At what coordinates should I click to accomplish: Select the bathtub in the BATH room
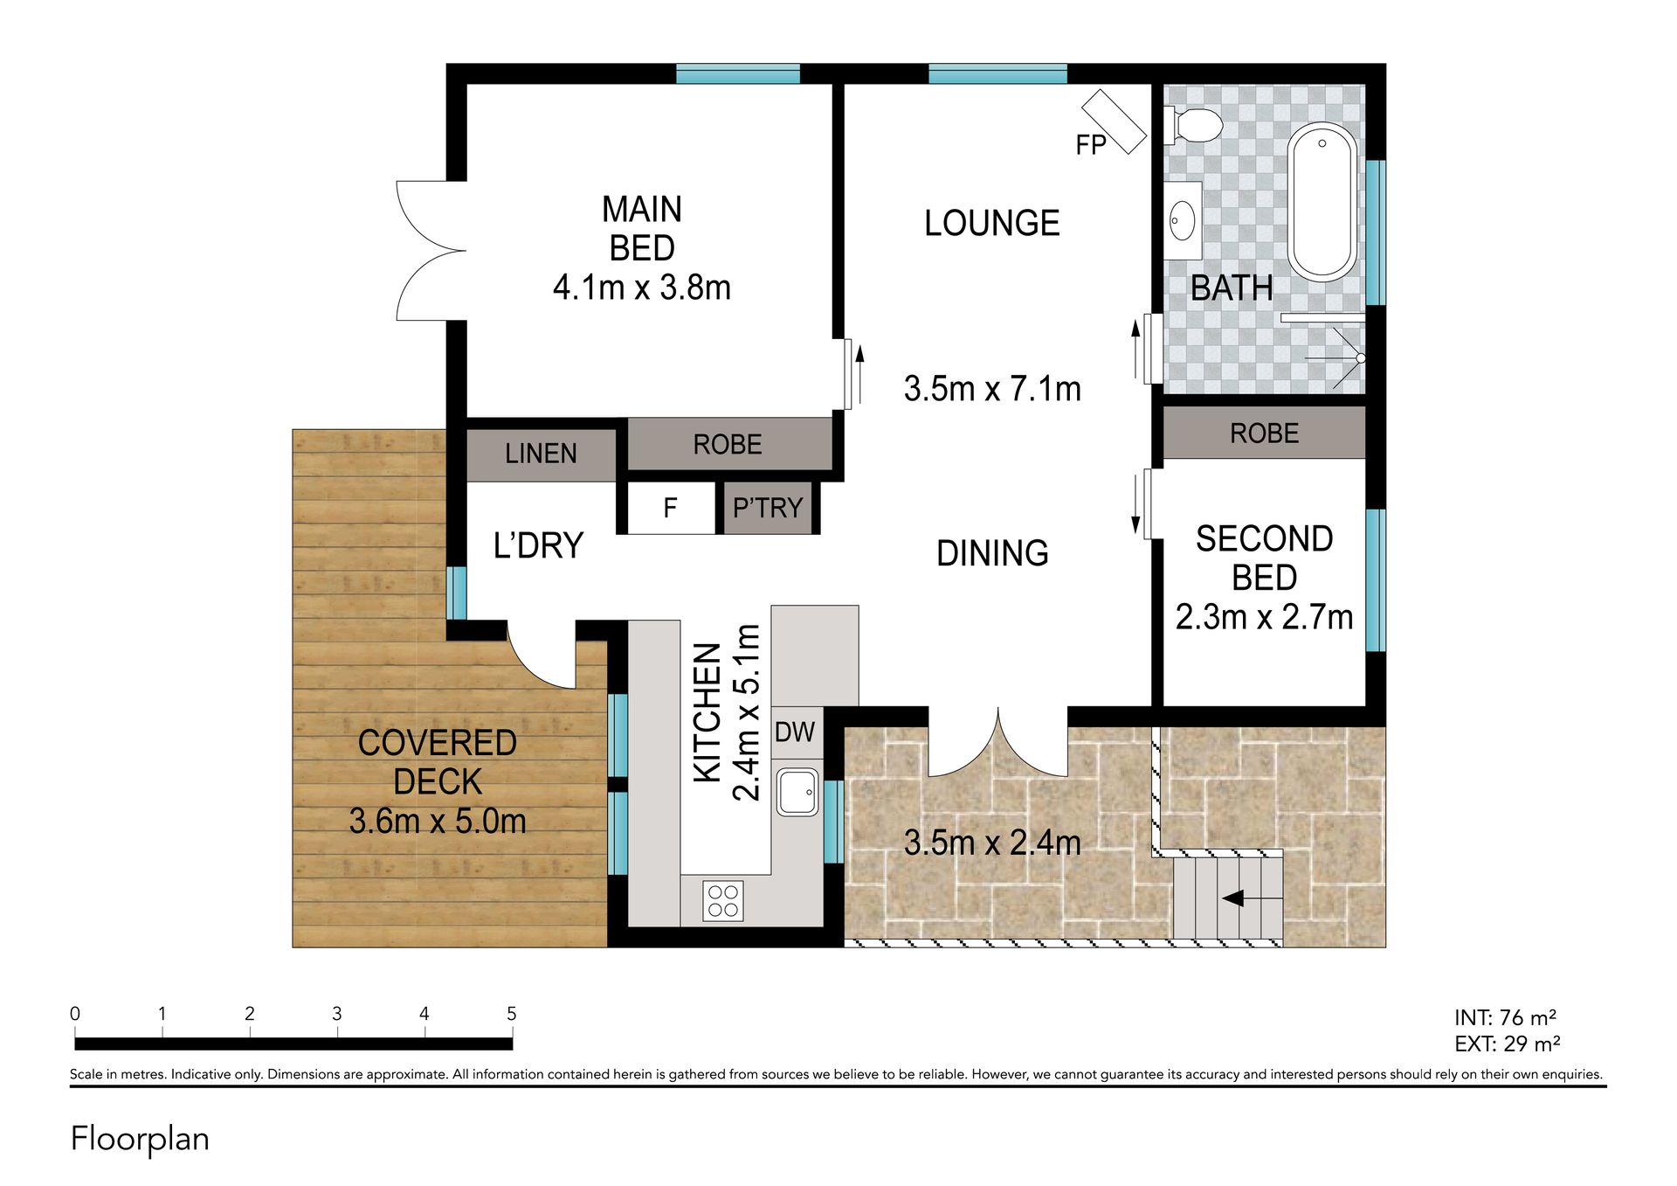click(1323, 202)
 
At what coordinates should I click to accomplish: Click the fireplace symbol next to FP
click(1114, 122)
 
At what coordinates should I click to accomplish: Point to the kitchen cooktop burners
click(723, 901)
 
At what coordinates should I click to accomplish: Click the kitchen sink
click(797, 792)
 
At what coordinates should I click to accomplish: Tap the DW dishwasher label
click(795, 732)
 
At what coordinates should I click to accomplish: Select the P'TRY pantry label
click(768, 508)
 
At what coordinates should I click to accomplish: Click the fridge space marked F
click(671, 508)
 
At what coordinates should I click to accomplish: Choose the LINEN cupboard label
click(541, 454)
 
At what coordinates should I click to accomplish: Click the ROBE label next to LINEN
click(728, 445)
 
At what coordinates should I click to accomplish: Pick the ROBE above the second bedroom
click(1264, 433)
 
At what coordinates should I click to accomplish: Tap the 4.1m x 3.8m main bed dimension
click(642, 288)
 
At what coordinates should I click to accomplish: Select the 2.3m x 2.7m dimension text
click(1264, 618)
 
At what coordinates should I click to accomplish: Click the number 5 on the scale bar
click(512, 1014)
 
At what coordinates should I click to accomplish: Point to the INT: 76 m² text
click(1505, 1017)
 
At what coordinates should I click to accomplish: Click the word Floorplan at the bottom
click(140, 1139)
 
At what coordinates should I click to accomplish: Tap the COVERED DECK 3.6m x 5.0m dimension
click(438, 822)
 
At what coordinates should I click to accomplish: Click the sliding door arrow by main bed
click(859, 374)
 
